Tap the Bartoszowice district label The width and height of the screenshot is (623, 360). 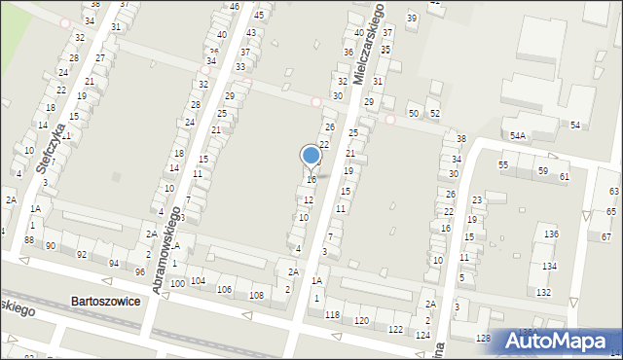coord(105,302)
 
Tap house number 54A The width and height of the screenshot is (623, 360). coord(518,136)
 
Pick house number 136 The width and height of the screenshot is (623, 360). coord(551,234)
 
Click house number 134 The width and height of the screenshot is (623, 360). coord(549,266)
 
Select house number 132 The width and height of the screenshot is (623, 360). coord(543,292)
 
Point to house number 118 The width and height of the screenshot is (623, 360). coord(333,315)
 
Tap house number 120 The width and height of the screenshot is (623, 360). coord(361,320)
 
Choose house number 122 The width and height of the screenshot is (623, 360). coord(395,329)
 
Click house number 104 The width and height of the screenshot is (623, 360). coord(198,280)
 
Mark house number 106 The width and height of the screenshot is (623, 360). coord(224,289)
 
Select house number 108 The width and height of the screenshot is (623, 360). coord(256,295)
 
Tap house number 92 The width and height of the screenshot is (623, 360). coord(82,255)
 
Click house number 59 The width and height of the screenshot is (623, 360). coord(542,171)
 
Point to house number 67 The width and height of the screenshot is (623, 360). coord(605,237)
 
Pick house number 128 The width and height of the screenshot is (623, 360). coord(483,338)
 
